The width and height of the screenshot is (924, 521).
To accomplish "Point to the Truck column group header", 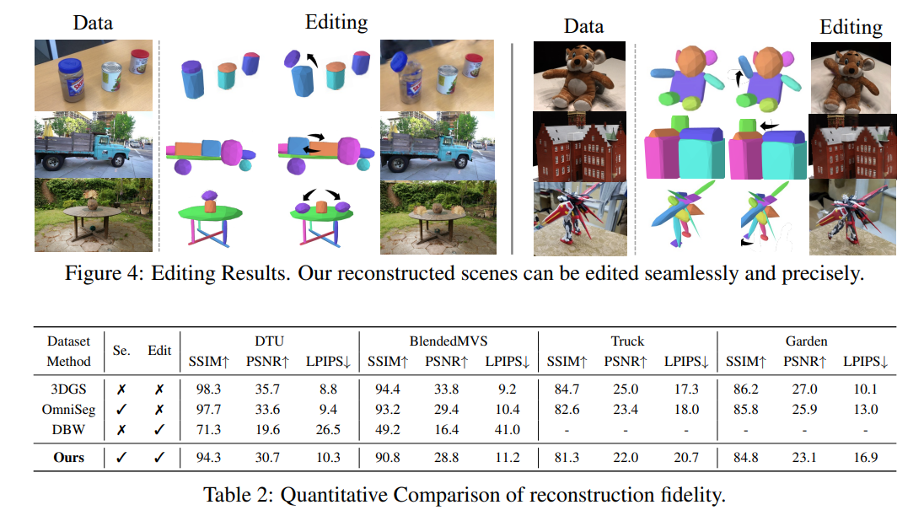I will click(x=626, y=341).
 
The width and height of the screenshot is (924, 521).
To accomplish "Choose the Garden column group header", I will click(x=805, y=341).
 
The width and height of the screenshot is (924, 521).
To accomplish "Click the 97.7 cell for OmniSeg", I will click(x=205, y=410).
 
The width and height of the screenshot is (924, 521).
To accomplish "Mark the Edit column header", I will click(x=159, y=351).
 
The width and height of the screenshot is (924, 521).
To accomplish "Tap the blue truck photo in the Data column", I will click(x=94, y=147).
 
